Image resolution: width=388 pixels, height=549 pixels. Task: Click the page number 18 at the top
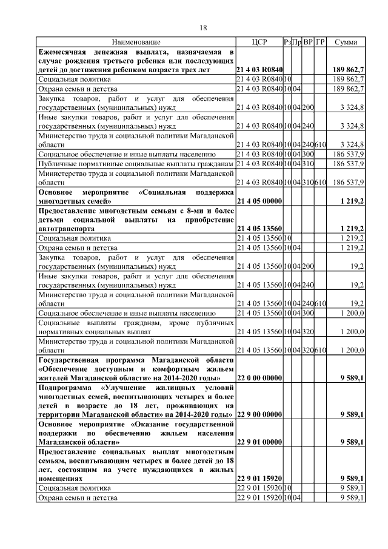tap(204, 27)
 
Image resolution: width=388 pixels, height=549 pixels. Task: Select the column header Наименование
tap(136, 42)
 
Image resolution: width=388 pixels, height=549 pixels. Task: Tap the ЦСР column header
tap(259, 42)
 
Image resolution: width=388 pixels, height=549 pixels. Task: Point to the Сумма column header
tap(346, 42)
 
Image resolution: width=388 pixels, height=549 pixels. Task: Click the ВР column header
tap(308, 42)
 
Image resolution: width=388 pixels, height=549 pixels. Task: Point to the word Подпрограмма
tap(64, 387)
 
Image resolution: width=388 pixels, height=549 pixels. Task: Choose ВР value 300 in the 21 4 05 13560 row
tap(308, 312)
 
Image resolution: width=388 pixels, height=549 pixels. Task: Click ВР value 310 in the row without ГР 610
tap(308, 164)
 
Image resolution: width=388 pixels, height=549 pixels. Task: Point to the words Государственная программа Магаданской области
tap(136, 360)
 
